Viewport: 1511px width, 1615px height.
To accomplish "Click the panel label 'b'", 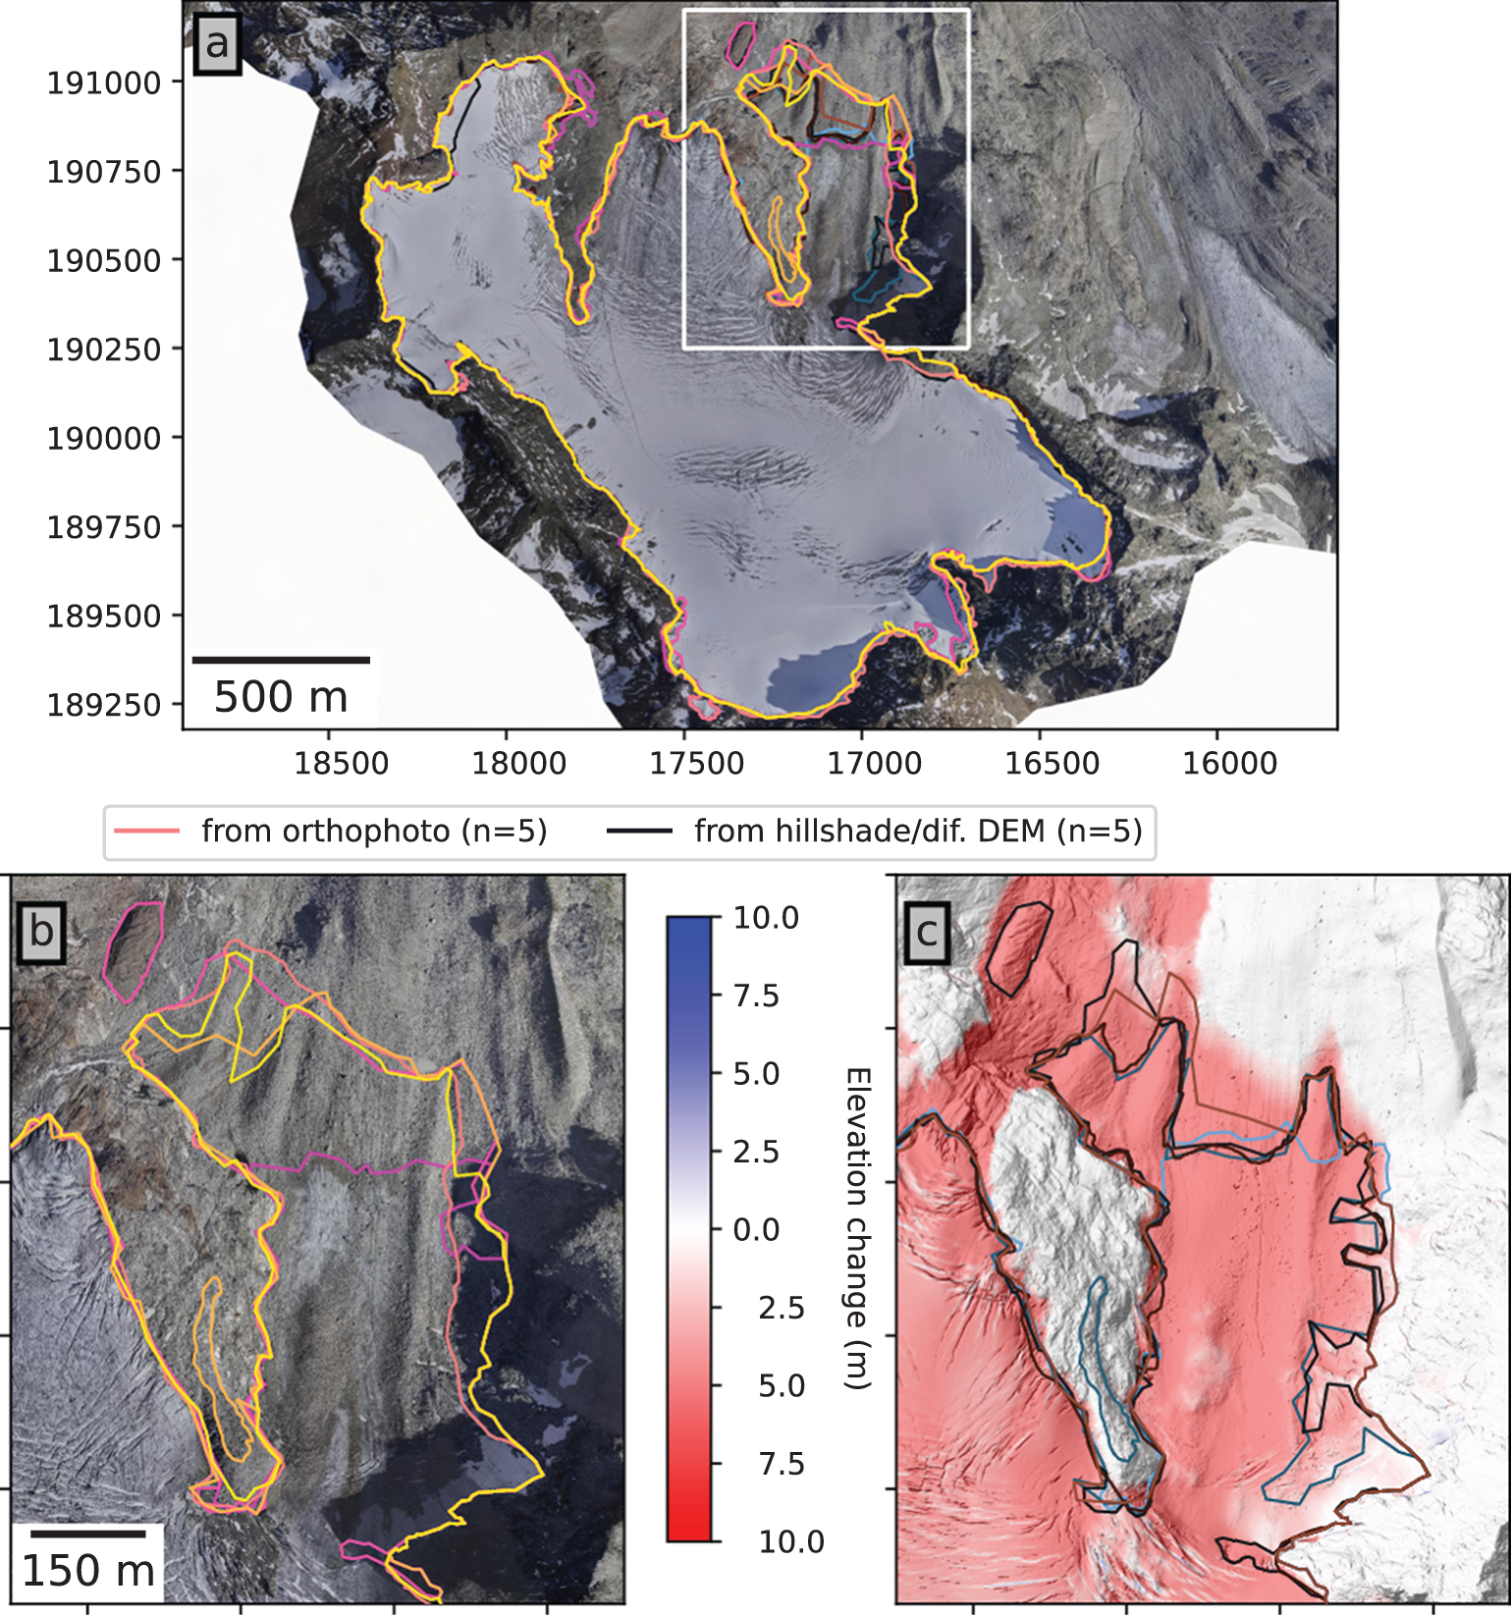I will tap(41, 931).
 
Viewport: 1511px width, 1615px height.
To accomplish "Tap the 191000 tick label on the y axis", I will tap(104, 83).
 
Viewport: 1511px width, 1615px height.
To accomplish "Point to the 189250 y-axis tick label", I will tap(104, 705).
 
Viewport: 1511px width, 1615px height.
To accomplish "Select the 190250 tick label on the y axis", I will tap(104, 350).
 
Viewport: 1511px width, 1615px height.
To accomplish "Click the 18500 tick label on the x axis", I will tap(342, 764).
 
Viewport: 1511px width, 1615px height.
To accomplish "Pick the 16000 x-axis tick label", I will tap(1229, 764).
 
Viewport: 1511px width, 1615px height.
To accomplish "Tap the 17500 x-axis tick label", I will tap(697, 764).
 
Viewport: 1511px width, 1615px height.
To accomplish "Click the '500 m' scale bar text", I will tap(281, 697).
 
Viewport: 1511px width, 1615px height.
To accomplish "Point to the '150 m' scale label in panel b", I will tap(88, 1571).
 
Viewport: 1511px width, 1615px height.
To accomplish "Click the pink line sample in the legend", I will tap(147, 832).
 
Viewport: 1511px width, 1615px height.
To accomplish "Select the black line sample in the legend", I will tap(639, 832).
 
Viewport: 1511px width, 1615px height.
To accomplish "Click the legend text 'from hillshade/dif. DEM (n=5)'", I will tap(918, 832).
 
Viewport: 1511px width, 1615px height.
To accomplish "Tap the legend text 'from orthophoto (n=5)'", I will tap(374, 832).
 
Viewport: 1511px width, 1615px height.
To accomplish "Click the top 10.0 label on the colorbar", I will tap(766, 919).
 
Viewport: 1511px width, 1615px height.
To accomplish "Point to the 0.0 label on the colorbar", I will tap(756, 1229).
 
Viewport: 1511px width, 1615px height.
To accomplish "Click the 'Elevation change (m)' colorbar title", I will tap(856, 1229).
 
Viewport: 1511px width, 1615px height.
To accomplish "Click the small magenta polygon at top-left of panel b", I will tap(135, 950).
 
